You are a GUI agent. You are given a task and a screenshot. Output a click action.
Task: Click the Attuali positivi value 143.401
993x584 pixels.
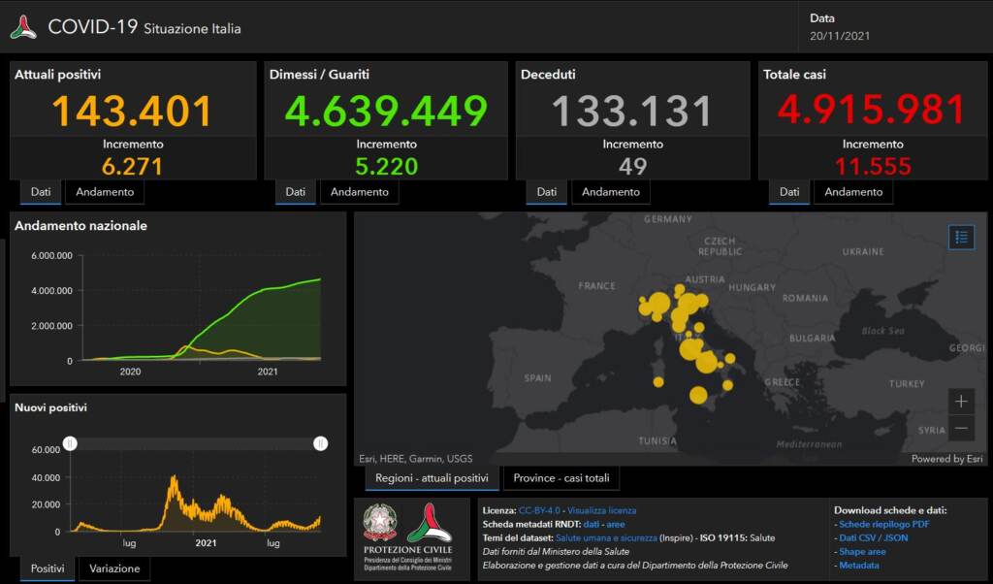132,111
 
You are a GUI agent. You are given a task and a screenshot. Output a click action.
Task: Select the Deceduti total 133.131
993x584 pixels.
632,111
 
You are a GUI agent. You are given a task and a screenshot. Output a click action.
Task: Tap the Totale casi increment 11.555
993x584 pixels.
873,166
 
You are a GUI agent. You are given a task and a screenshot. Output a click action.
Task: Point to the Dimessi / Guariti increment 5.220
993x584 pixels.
385,166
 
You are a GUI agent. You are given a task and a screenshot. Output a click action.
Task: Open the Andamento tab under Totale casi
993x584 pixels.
853,192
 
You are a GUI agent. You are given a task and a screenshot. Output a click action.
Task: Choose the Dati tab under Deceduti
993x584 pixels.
547,192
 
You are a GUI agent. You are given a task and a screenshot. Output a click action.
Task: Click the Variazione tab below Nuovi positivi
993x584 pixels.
115,568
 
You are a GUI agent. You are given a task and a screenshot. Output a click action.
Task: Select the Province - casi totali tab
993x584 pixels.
561,478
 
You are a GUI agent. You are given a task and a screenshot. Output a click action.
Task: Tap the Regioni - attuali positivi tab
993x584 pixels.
432,478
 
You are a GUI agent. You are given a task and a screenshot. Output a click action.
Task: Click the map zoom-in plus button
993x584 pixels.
961,401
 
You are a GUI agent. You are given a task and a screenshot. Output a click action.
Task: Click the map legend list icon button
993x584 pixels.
961,237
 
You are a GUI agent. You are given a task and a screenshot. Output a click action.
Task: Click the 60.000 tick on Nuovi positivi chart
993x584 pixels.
46,450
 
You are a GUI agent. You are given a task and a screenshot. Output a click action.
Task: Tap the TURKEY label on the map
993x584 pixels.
907,384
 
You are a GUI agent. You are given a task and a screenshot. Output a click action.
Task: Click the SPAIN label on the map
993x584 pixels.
537,377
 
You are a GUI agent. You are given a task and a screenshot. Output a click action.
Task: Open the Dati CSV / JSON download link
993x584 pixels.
873,537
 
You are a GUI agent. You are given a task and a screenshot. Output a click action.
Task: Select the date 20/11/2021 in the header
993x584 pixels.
840,36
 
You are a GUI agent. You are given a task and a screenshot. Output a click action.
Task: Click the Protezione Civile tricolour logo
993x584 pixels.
429,524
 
